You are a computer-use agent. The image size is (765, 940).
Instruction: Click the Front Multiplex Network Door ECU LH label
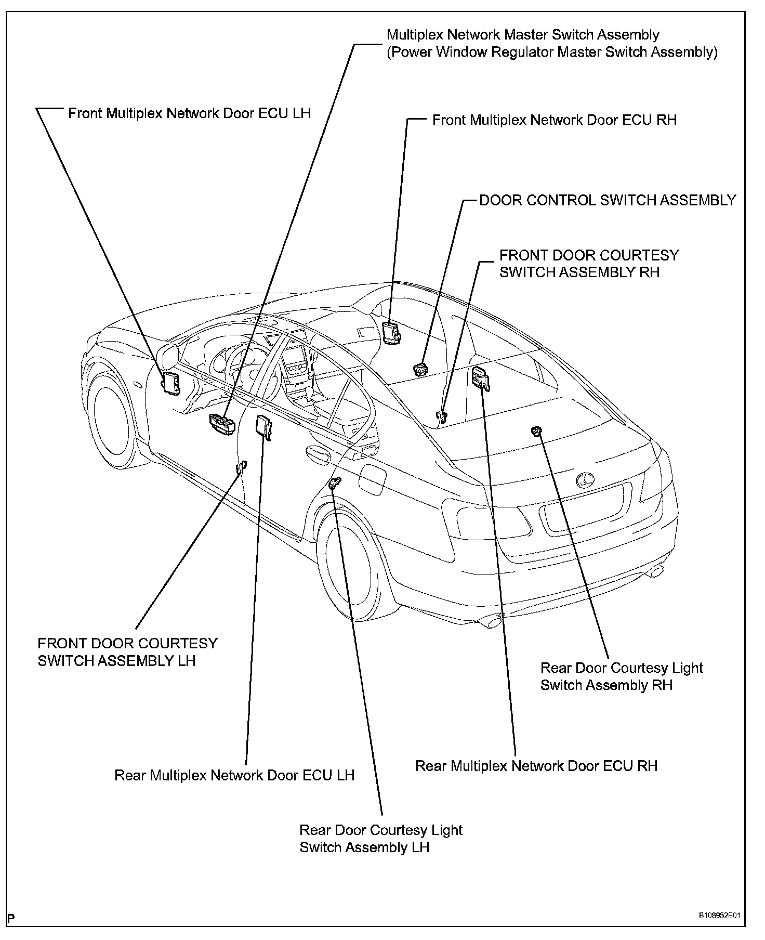click(189, 113)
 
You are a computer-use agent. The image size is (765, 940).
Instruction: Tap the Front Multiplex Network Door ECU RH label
click(554, 120)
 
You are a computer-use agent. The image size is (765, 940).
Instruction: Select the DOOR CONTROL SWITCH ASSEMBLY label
click(607, 200)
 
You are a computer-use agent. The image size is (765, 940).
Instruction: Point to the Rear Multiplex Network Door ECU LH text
click(234, 775)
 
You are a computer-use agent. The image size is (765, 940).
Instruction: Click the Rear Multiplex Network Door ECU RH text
click(536, 766)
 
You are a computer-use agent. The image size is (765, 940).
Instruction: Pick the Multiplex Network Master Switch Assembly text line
click(523, 35)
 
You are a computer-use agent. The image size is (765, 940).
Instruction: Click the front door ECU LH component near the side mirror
click(172, 383)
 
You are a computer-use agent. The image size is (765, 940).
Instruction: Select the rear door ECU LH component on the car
click(263, 427)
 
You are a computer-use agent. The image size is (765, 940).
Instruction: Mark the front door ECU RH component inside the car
click(391, 331)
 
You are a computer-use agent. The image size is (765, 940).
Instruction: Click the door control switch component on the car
click(419, 369)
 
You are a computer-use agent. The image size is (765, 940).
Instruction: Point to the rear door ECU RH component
click(480, 377)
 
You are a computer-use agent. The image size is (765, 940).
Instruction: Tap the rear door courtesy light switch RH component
click(536, 430)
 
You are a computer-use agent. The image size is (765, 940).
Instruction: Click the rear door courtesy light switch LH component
click(335, 484)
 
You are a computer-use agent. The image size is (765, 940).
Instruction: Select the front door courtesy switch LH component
click(242, 466)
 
